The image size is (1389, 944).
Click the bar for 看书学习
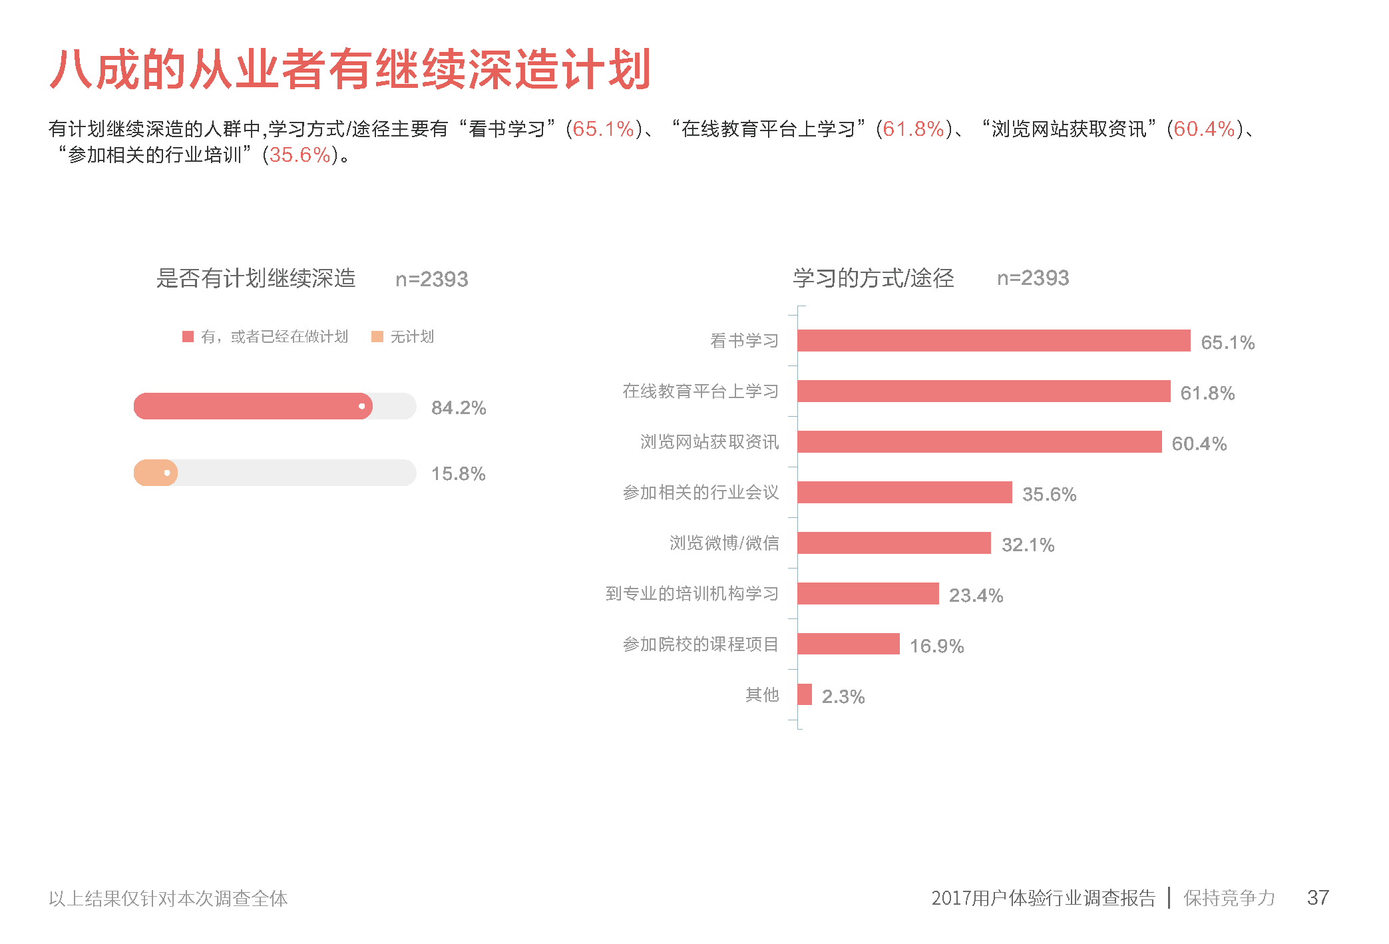pyautogui.click(x=993, y=340)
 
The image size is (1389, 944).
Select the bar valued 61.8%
pyautogui.click(x=983, y=391)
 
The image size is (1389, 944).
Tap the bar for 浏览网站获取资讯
pyautogui.click(x=979, y=441)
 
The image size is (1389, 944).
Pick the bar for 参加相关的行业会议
pyautogui.click(x=904, y=492)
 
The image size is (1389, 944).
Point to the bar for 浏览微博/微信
pyautogui.click(x=894, y=543)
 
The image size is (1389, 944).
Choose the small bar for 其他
pyautogui.click(x=805, y=694)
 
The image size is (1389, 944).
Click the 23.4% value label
pyautogui.click(x=976, y=595)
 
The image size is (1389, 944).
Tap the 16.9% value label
pyautogui.click(x=936, y=646)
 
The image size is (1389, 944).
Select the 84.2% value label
pyautogui.click(x=459, y=407)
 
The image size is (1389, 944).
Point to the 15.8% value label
pyautogui.click(x=459, y=474)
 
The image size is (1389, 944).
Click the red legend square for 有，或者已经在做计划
pyautogui.click(x=188, y=337)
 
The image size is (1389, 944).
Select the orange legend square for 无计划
pyautogui.click(x=377, y=337)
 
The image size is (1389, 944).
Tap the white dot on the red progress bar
pyautogui.click(x=361, y=406)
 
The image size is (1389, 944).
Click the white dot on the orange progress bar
pyautogui.click(x=167, y=473)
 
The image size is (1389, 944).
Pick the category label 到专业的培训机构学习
pyautogui.click(x=692, y=593)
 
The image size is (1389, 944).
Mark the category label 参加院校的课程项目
pyautogui.click(x=700, y=644)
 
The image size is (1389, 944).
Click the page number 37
pyautogui.click(x=1318, y=897)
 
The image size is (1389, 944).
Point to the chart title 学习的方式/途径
pyautogui.click(x=873, y=278)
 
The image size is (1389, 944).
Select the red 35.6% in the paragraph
pyautogui.click(x=300, y=155)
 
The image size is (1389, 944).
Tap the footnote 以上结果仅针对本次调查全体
pyautogui.click(x=168, y=899)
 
